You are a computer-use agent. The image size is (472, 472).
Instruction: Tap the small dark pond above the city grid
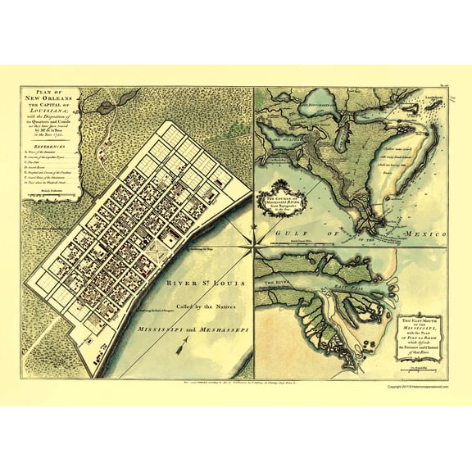[107, 105]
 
